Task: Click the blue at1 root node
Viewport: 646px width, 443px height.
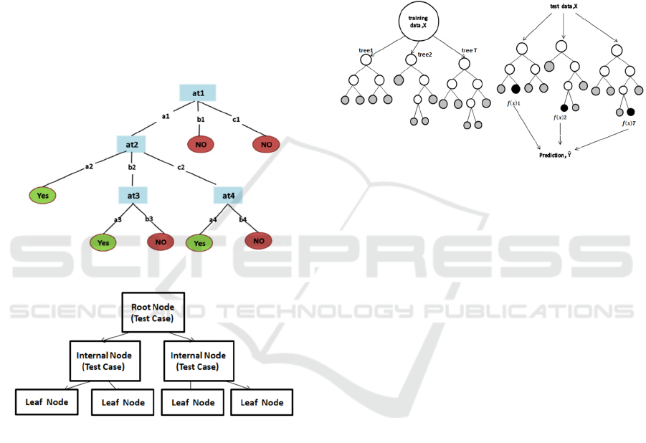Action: (x=197, y=93)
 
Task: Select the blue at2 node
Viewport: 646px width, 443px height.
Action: (x=131, y=144)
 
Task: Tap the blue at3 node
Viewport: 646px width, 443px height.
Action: (x=133, y=195)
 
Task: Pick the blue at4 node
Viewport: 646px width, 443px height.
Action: (x=228, y=195)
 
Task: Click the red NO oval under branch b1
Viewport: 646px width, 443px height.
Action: (x=201, y=144)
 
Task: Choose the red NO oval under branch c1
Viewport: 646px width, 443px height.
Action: (x=265, y=144)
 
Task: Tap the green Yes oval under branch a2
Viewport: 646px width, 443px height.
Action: (x=43, y=194)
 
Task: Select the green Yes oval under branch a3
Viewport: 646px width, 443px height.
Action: (x=104, y=243)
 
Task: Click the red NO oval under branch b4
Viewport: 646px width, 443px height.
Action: (x=259, y=241)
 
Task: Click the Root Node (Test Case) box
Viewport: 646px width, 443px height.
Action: (x=153, y=313)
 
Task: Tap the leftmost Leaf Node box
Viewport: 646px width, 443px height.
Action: (x=47, y=401)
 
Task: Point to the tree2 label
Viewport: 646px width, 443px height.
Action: (x=424, y=54)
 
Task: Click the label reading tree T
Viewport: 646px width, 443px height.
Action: (x=469, y=50)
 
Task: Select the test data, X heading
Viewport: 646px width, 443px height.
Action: (x=563, y=6)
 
